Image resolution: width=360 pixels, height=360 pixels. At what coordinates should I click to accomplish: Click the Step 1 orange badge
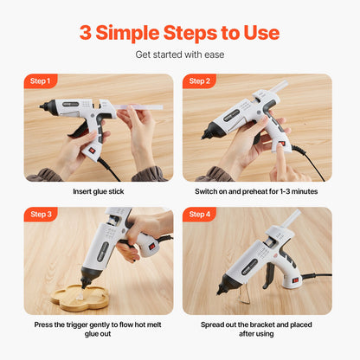(42, 81)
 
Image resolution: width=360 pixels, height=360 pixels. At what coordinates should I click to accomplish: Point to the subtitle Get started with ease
(179, 55)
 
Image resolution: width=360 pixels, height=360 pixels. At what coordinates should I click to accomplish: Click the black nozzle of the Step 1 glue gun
(44, 108)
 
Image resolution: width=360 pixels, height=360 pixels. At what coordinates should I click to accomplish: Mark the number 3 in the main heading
(86, 33)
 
